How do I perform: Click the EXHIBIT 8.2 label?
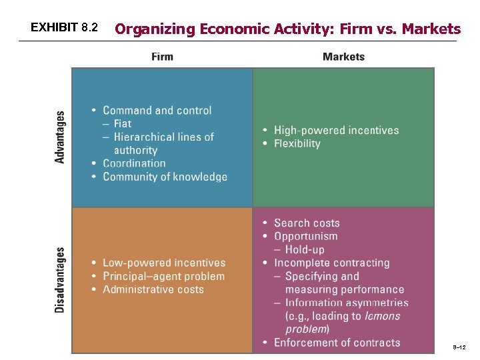(64, 28)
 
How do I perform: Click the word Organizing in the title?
(155, 29)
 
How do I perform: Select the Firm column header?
(162, 57)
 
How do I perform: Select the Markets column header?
(343, 57)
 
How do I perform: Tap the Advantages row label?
(61, 137)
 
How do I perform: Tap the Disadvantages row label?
(61, 280)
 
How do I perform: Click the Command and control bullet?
(157, 111)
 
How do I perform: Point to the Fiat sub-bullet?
(123, 124)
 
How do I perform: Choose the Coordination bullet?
(134, 163)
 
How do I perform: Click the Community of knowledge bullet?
(165, 177)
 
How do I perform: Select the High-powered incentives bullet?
(336, 131)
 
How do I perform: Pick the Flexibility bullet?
(297, 144)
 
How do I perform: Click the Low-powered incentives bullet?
(164, 263)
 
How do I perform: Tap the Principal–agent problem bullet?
(163, 277)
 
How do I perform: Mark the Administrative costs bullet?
(153, 289)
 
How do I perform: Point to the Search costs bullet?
(307, 223)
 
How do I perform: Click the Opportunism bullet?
(305, 237)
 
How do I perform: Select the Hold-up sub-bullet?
(305, 250)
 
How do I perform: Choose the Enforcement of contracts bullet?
(337, 343)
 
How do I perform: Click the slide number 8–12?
(459, 347)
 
